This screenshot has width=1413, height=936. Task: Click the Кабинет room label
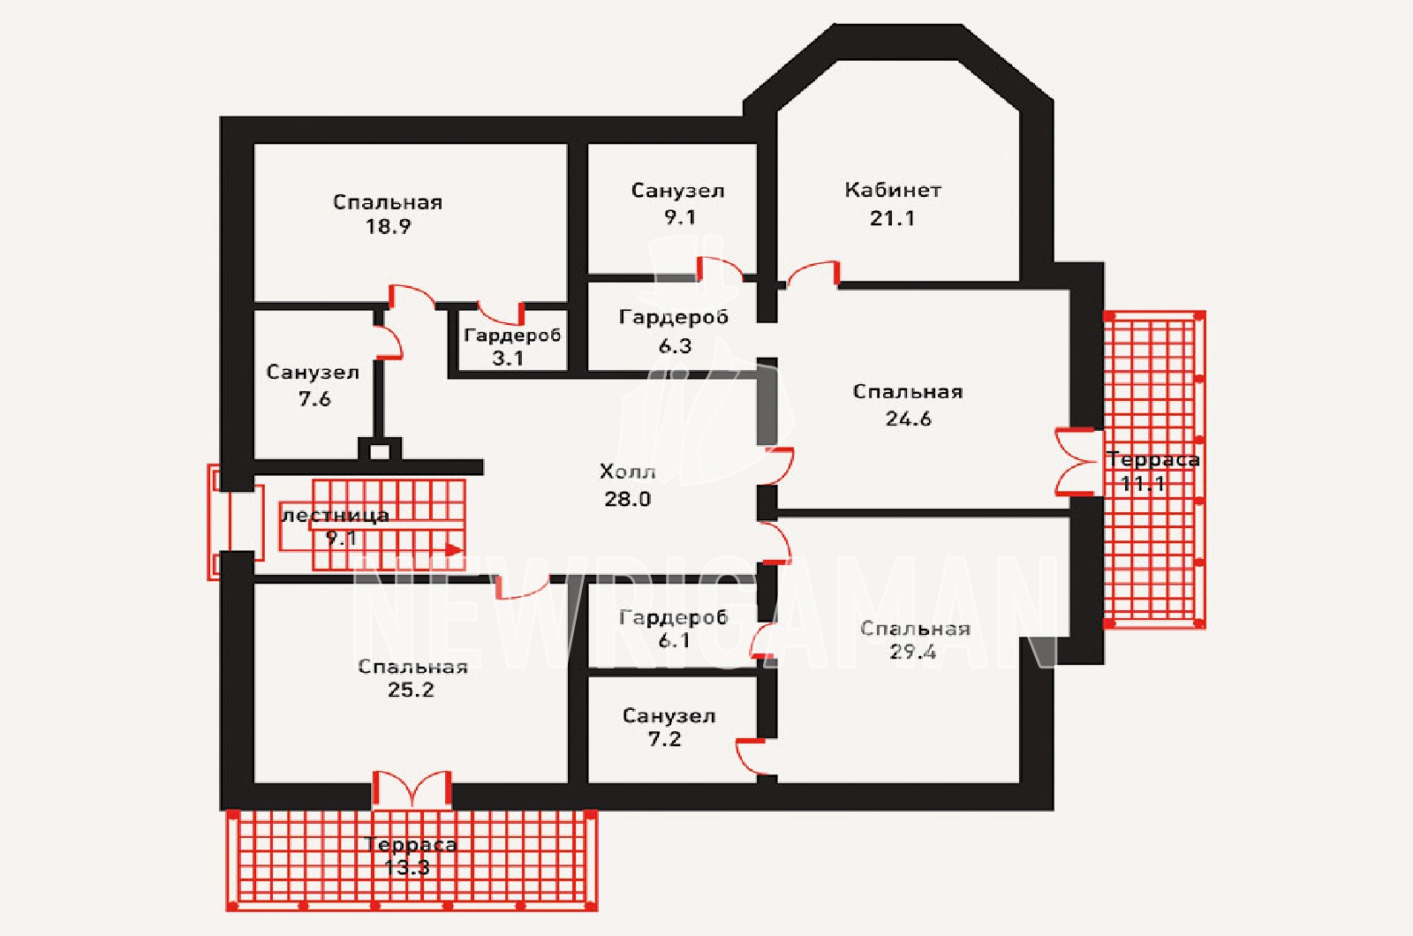[x=893, y=190]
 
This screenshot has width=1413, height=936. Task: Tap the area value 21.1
[x=892, y=218]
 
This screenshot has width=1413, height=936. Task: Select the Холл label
[x=627, y=472]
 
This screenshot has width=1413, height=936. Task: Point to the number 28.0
[x=627, y=499]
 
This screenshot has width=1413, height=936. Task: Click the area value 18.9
[x=388, y=226]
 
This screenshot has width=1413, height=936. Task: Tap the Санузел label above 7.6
[x=313, y=372]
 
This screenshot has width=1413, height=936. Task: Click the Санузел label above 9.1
[x=677, y=191]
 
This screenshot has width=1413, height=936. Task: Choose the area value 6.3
[x=675, y=345]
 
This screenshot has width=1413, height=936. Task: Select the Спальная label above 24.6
[x=908, y=392]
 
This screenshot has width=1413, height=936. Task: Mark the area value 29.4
[x=913, y=653]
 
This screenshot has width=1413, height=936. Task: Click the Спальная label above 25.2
[x=412, y=667]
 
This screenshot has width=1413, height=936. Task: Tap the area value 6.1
[x=674, y=641]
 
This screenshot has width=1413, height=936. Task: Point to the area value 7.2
[x=664, y=738]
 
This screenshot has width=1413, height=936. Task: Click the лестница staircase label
[x=335, y=516]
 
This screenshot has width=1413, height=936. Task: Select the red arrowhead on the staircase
[x=454, y=549]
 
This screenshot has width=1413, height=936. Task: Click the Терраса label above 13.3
[x=411, y=844]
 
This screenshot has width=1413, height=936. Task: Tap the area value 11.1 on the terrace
[x=1143, y=484]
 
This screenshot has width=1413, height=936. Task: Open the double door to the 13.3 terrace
[x=412, y=789]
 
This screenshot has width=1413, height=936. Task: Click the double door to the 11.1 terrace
[x=1077, y=462]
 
